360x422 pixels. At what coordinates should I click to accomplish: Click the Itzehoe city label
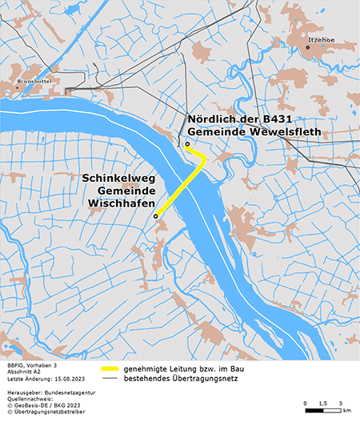click(x=321, y=37)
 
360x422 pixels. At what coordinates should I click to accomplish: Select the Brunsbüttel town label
click(x=33, y=81)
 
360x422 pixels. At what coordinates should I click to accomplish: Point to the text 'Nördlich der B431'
click(x=244, y=119)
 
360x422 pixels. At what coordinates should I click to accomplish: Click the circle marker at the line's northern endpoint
click(x=187, y=145)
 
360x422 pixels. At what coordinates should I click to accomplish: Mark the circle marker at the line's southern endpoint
click(x=156, y=215)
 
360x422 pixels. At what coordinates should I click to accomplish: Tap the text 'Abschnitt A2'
click(x=22, y=371)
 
